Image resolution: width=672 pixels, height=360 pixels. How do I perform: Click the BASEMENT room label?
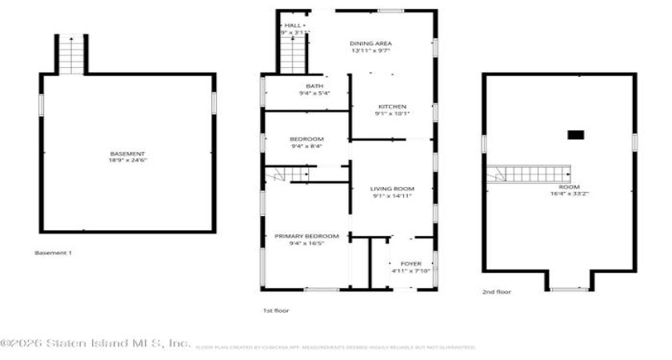tap(127, 154)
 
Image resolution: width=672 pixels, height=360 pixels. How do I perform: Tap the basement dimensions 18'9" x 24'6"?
tap(127, 160)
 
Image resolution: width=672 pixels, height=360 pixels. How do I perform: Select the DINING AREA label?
tap(370, 43)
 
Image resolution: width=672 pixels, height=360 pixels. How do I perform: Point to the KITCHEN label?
tap(391, 106)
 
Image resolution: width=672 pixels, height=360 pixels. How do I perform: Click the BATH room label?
tap(314, 86)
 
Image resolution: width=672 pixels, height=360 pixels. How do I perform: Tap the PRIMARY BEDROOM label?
tap(306, 236)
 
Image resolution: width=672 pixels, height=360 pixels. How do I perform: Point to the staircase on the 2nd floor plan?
tap(529, 174)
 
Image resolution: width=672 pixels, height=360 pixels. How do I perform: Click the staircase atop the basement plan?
tap(71, 55)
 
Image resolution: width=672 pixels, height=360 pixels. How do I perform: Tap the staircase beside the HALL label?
tap(294, 54)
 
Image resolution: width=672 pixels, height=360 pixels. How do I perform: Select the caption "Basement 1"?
tap(53, 254)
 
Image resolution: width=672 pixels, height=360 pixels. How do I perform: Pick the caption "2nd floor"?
tap(496, 293)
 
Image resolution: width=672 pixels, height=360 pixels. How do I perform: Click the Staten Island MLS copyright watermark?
tap(96, 344)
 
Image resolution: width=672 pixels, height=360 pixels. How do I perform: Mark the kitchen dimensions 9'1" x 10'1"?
tap(391, 114)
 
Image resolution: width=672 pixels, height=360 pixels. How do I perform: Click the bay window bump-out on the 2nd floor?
tap(570, 281)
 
